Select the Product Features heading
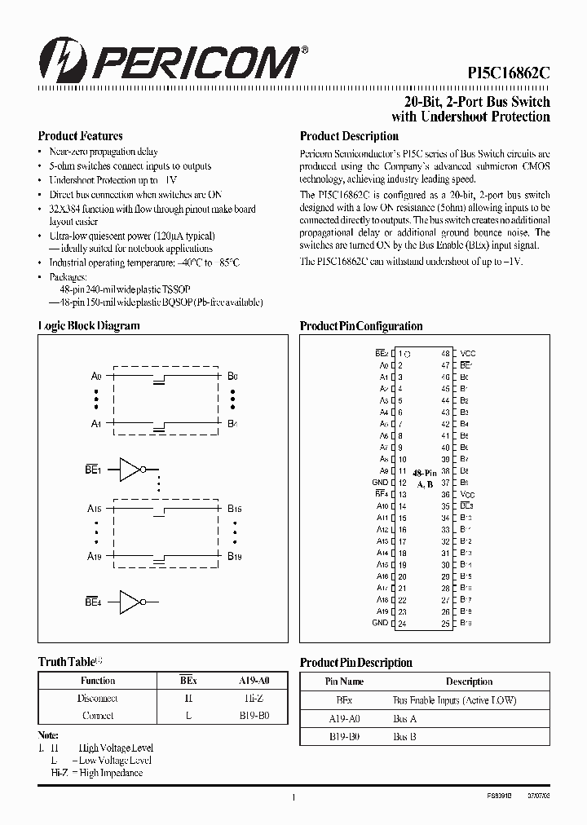[x=80, y=136]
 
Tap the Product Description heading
[x=349, y=136]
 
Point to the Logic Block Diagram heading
[x=89, y=325]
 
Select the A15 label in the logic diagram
[x=95, y=509]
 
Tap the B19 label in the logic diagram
[x=234, y=556]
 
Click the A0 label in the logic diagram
[x=95, y=377]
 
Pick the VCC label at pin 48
[x=467, y=354]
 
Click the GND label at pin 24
[x=380, y=624]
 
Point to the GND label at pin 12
[x=380, y=483]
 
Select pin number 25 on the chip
[x=446, y=624]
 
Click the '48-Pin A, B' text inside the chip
[x=424, y=479]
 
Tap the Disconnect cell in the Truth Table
[x=98, y=699]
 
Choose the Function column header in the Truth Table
[x=98, y=681]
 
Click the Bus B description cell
[x=404, y=735]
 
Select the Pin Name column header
[x=344, y=682]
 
